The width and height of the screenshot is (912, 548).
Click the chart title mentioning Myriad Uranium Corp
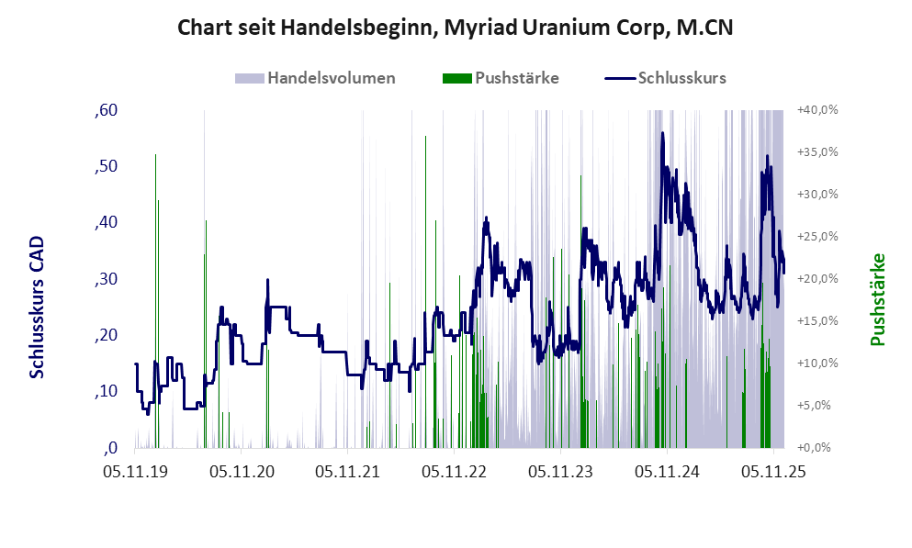point(455,28)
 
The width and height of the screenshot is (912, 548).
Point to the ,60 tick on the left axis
point(107,111)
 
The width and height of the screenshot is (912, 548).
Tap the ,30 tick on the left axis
point(107,280)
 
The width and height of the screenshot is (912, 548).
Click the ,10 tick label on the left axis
point(107,392)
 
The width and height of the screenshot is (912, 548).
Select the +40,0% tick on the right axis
point(816,110)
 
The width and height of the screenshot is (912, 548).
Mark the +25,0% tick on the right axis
point(816,237)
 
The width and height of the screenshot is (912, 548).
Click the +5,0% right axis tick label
point(816,406)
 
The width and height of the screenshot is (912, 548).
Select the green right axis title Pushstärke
point(878,300)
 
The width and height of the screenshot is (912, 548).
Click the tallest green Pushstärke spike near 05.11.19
point(155,156)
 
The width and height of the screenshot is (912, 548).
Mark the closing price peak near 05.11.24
point(661,134)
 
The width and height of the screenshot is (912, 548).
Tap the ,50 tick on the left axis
point(107,167)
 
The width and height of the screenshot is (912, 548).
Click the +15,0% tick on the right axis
point(816,321)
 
